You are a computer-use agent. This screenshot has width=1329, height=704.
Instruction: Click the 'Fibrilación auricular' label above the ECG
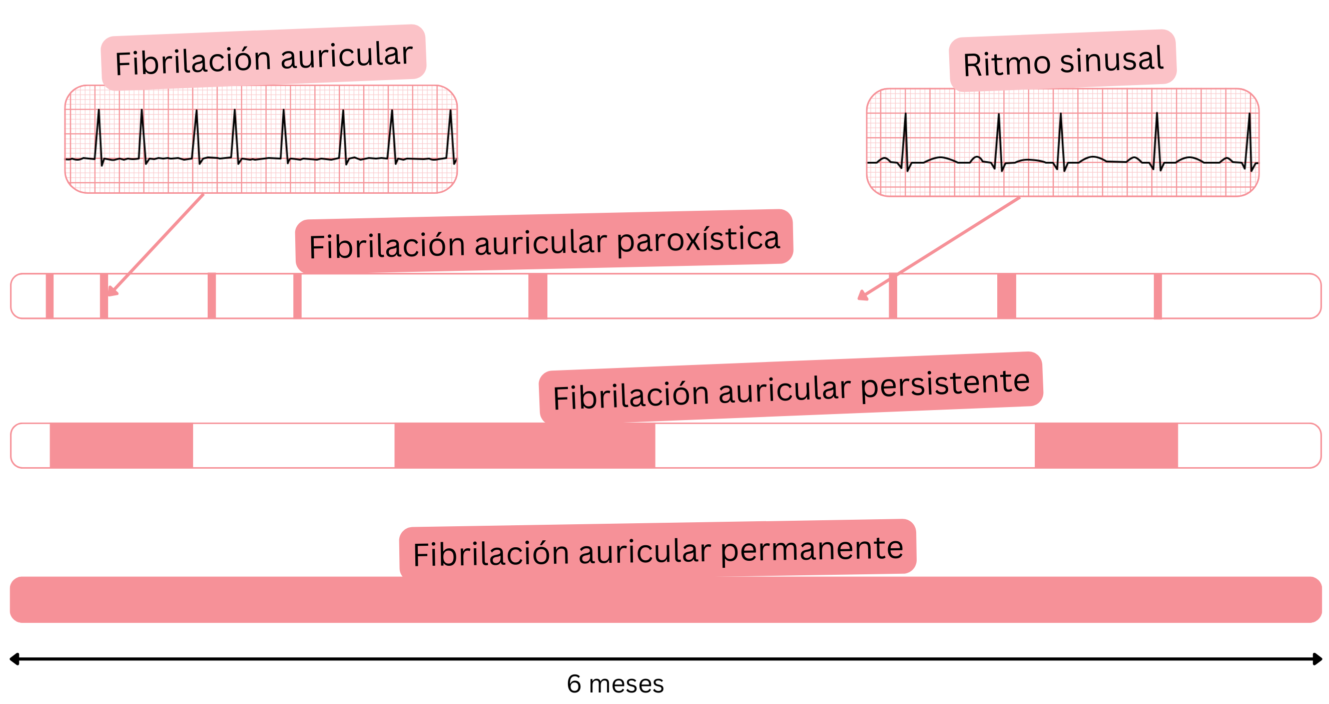point(263,58)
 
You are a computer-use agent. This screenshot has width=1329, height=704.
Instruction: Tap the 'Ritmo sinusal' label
point(1063,62)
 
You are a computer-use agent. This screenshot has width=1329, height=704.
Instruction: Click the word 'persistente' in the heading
point(945,384)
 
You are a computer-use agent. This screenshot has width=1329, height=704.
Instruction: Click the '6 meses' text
point(615,684)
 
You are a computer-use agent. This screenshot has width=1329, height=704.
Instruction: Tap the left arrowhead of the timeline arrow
point(15,659)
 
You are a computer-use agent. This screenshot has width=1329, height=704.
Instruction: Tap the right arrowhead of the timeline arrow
point(1316,659)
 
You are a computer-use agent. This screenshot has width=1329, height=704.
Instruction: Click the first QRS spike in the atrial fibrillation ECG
point(99,134)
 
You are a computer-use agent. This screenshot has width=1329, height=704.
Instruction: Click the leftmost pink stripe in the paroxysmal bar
point(50,296)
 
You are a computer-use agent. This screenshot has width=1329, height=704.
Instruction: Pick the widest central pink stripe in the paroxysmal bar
point(537,296)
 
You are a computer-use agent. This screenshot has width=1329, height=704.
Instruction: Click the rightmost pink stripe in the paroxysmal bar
point(1158,296)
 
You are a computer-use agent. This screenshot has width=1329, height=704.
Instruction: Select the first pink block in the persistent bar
point(121,446)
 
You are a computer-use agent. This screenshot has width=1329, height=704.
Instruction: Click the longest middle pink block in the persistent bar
point(525,446)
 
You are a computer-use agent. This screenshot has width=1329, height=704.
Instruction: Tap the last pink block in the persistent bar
point(1106,446)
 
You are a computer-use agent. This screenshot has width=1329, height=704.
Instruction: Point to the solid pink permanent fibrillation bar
point(666,600)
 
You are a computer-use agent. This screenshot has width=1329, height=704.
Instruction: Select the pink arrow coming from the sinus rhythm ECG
point(939,248)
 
